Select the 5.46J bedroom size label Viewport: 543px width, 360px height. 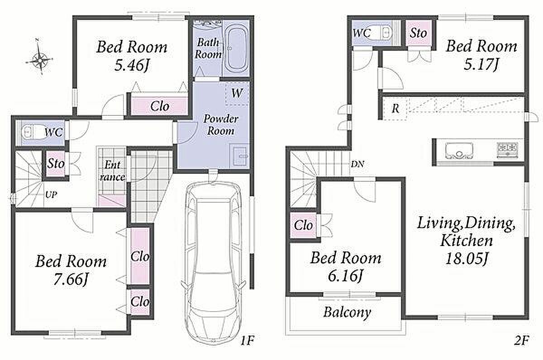tap(131, 65)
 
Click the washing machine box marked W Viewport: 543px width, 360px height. tap(237, 94)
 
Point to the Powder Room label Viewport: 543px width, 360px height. tap(221, 125)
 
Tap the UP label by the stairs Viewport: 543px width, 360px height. tap(51, 194)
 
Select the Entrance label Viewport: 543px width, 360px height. tap(112, 171)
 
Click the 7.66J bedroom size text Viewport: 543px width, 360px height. tap(70, 279)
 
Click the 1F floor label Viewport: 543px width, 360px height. tap(247, 341)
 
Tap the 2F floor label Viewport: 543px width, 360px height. tap(521, 341)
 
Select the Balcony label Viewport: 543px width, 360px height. tap(347, 313)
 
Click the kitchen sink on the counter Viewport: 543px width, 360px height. tap(459, 151)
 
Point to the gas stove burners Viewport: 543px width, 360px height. tap(507, 150)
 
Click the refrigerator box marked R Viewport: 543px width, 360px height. tap(395, 108)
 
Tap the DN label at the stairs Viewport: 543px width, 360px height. tap(357, 165)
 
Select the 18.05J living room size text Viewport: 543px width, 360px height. tap(467, 259)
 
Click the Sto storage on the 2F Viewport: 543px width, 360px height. tap(419, 33)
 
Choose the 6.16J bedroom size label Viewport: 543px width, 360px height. tap(345, 276)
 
